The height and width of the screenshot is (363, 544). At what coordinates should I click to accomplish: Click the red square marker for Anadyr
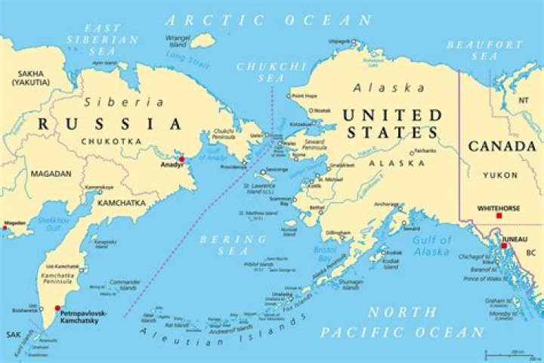click(181, 160)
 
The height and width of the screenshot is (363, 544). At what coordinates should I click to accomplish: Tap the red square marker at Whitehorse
click(499, 216)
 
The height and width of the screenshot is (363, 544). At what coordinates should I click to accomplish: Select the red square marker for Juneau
click(504, 246)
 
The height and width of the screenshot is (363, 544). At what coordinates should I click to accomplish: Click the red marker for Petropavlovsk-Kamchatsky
click(57, 308)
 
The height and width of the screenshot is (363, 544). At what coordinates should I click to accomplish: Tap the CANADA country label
click(503, 146)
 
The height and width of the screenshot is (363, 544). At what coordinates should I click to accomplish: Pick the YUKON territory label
click(501, 175)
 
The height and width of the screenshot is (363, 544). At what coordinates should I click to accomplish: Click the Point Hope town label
click(304, 96)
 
